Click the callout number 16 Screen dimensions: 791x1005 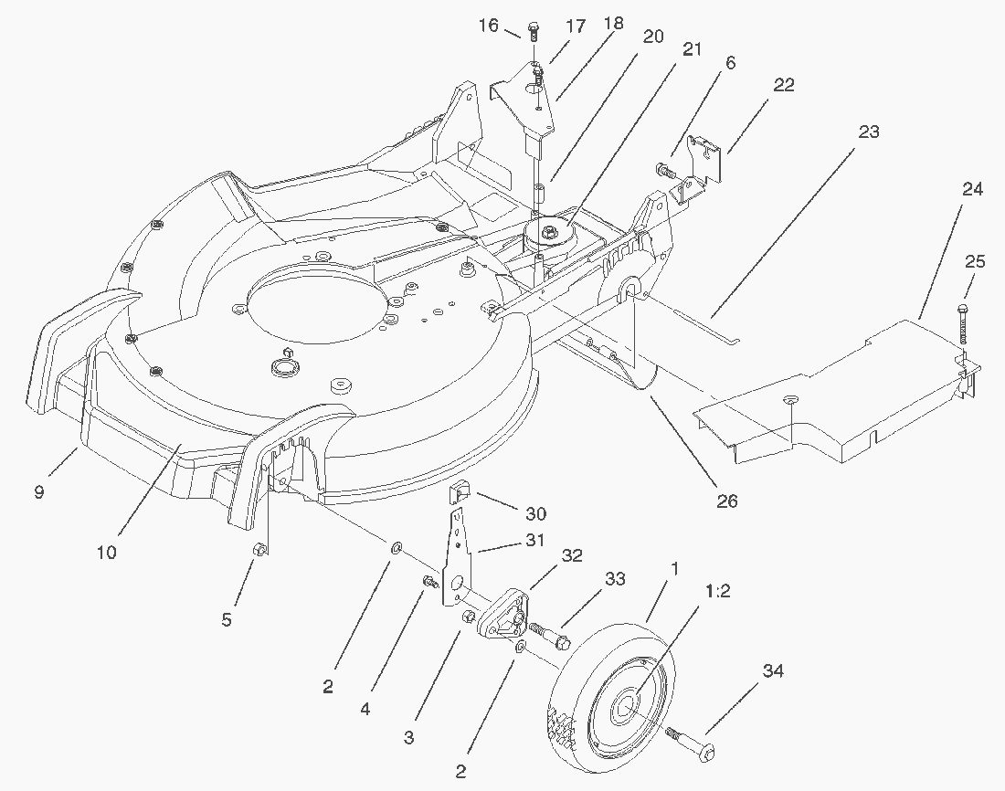click(x=489, y=25)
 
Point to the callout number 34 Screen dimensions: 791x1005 click(x=773, y=671)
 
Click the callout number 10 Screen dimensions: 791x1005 click(x=106, y=552)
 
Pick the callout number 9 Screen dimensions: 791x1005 click(x=39, y=492)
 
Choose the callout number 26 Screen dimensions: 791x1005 click(x=728, y=500)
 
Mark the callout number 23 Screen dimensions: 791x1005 click(x=868, y=132)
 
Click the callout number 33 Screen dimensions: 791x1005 click(x=615, y=578)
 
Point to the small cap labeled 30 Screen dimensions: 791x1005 click(x=458, y=496)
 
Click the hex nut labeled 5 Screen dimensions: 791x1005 click(x=259, y=550)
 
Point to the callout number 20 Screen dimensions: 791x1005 click(x=653, y=36)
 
